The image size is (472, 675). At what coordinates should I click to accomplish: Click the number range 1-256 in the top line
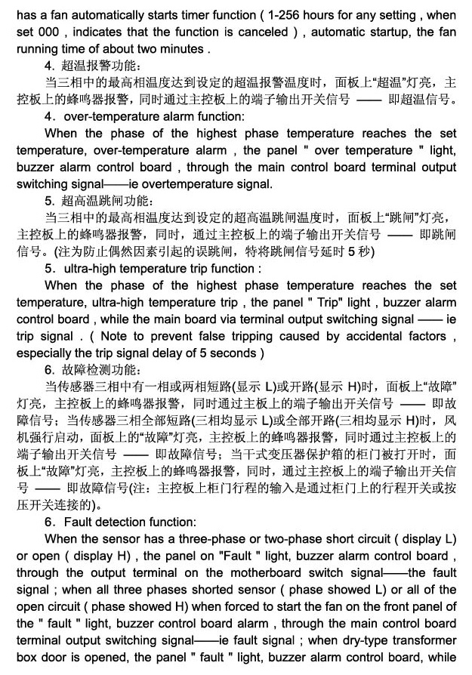(315, 15)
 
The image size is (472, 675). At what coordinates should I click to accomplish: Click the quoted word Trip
(326, 303)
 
